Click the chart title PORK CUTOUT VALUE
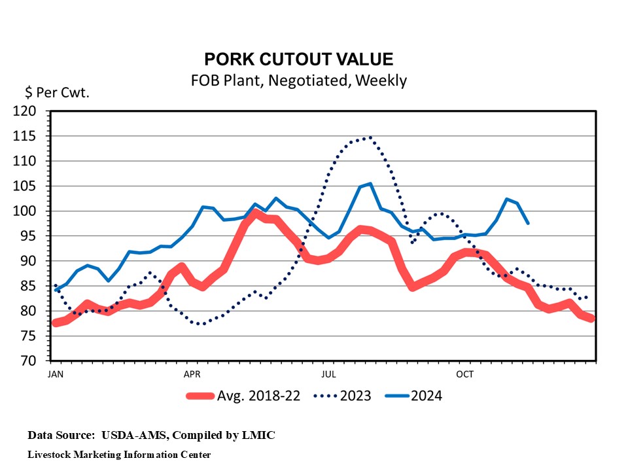299,60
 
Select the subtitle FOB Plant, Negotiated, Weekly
299,80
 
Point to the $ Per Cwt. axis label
57,92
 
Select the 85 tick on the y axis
31,286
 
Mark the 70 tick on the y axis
31,360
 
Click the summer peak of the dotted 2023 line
370,137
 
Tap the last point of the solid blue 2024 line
528,223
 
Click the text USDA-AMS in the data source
131,434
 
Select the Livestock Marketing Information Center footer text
119,454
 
